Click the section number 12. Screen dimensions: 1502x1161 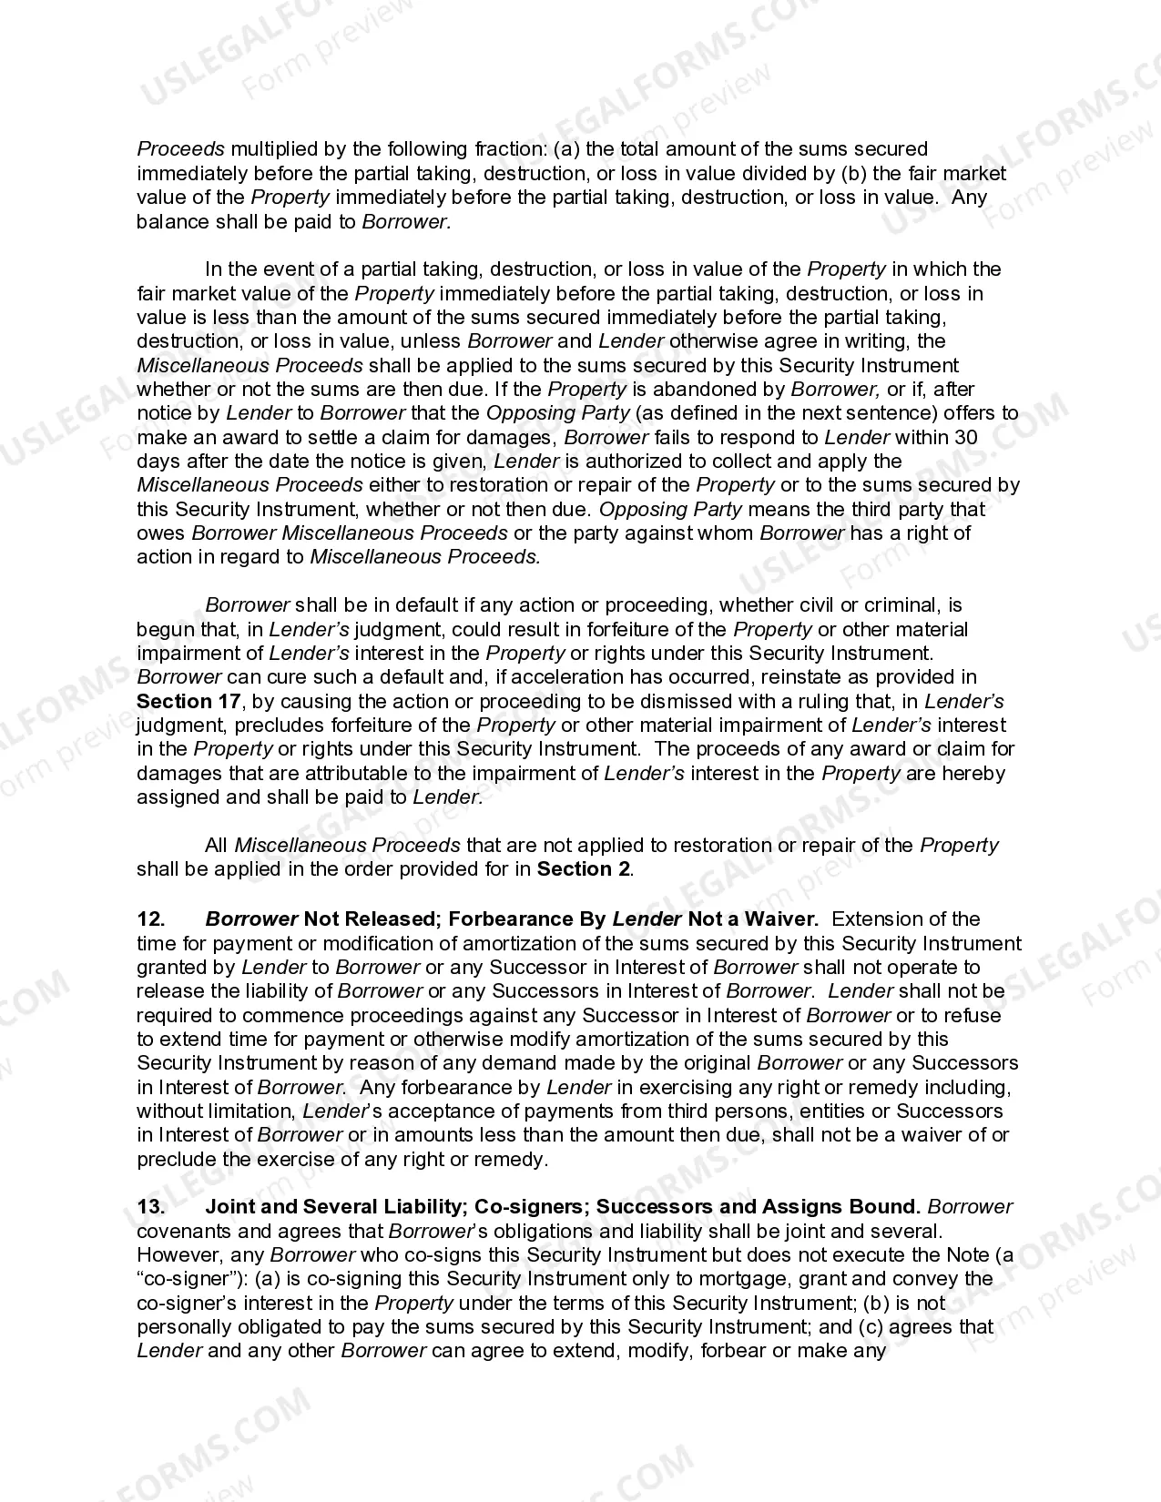[x=150, y=919]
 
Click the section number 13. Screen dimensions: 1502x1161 [x=150, y=1207]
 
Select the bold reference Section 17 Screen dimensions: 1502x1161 [x=188, y=702]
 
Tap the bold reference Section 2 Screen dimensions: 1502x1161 [x=583, y=869]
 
